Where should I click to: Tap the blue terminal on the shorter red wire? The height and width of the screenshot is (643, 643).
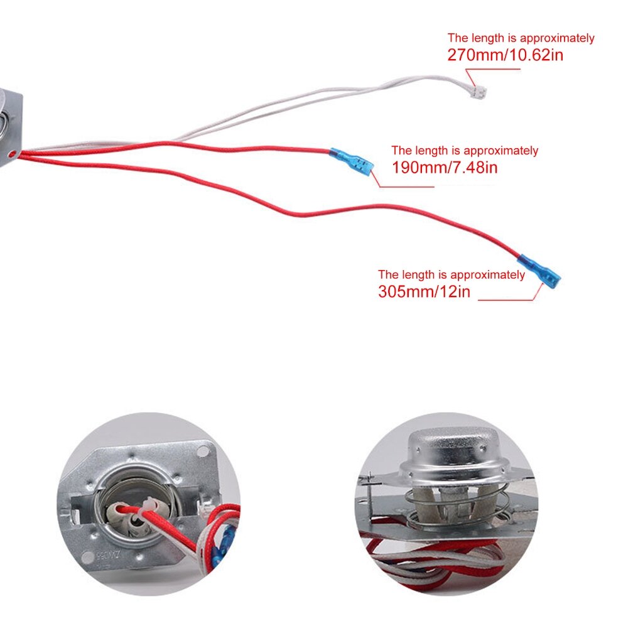point(352,161)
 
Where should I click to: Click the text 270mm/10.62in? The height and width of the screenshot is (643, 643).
point(505,55)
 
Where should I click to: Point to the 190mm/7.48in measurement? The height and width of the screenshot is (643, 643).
point(445,167)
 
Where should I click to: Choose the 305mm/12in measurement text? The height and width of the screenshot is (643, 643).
point(424,291)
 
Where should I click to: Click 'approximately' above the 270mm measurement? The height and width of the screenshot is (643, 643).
point(557,38)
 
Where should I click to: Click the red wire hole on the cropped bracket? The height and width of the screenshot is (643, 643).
point(12,154)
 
